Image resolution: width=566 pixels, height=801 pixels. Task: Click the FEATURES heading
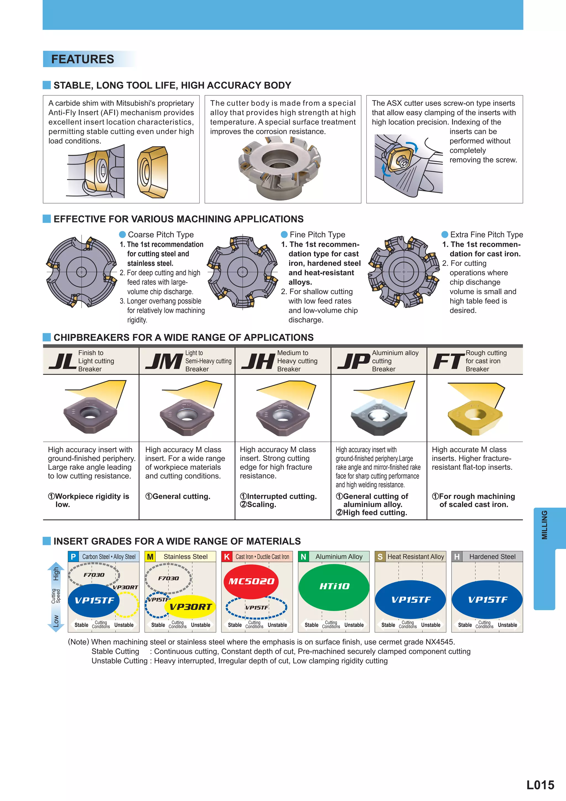point(83,59)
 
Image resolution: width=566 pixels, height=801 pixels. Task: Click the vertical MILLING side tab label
point(544,525)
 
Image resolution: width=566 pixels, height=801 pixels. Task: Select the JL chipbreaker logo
point(62,361)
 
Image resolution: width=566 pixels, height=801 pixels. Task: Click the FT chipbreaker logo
point(448,361)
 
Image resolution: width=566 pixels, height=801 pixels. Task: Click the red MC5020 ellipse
point(251,581)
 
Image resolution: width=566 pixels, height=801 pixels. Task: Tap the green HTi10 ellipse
point(334,587)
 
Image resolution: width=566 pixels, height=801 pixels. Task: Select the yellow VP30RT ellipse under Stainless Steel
point(190,607)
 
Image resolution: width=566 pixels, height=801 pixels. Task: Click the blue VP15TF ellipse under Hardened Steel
point(487,600)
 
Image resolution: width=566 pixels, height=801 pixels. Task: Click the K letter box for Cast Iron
point(227,557)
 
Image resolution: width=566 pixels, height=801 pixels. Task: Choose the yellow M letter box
point(150,557)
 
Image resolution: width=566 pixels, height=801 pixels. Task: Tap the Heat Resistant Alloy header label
point(416,557)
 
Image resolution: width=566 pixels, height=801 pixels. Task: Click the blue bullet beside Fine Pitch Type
point(284,234)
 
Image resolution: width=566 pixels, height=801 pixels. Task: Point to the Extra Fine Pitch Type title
point(486,234)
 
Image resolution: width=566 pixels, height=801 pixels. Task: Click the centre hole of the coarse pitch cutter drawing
point(81,272)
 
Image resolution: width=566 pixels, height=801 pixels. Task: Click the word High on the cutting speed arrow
point(56,574)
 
